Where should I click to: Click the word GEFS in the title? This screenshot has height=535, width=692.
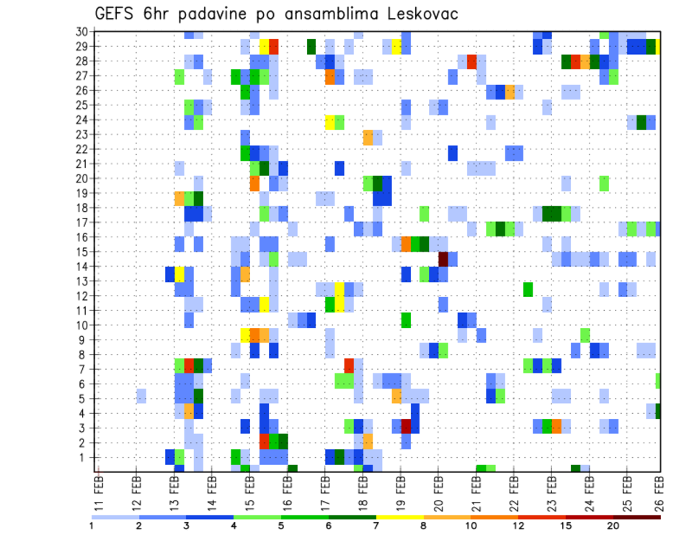pyautogui.click(x=117, y=14)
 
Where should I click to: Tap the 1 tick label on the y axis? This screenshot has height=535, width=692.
pyautogui.click(x=84, y=457)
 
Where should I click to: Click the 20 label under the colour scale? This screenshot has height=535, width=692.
pyautogui.click(x=613, y=526)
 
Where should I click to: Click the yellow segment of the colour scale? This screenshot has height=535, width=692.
pyautogui.click(x=399, y=517)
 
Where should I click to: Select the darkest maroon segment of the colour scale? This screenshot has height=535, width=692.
pyautogui.click(x=636, y=517)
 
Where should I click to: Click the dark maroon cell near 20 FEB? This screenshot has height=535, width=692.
pyautogui.click(x=443, y=259)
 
